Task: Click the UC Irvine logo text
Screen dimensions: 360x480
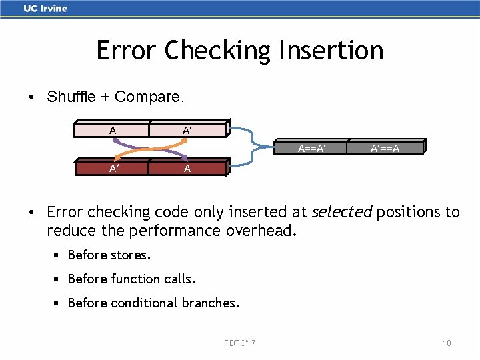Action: click(x=45, y=9)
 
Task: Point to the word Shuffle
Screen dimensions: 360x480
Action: click(x=71, y=97)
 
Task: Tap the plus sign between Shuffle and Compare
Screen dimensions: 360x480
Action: click(x=105, y=97)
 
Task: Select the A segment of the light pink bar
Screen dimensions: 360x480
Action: click(x=111, y=130)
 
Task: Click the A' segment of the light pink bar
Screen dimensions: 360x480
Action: click(x=187, y=130)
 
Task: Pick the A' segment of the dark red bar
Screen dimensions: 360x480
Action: click(x=111, y=169)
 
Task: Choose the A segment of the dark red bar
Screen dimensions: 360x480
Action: click(x=187, y=169)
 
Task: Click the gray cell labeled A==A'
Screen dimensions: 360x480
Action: click(x=311, y=148)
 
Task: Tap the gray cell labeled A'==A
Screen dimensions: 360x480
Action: click(x=385, y=148)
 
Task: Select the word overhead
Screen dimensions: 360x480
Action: click(x=270, y=231)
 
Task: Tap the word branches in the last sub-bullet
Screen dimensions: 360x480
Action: click(x=209, y=303)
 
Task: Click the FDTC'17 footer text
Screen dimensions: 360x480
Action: click(x=240, y=343)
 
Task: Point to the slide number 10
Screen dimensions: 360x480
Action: click(x=447, y=343)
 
